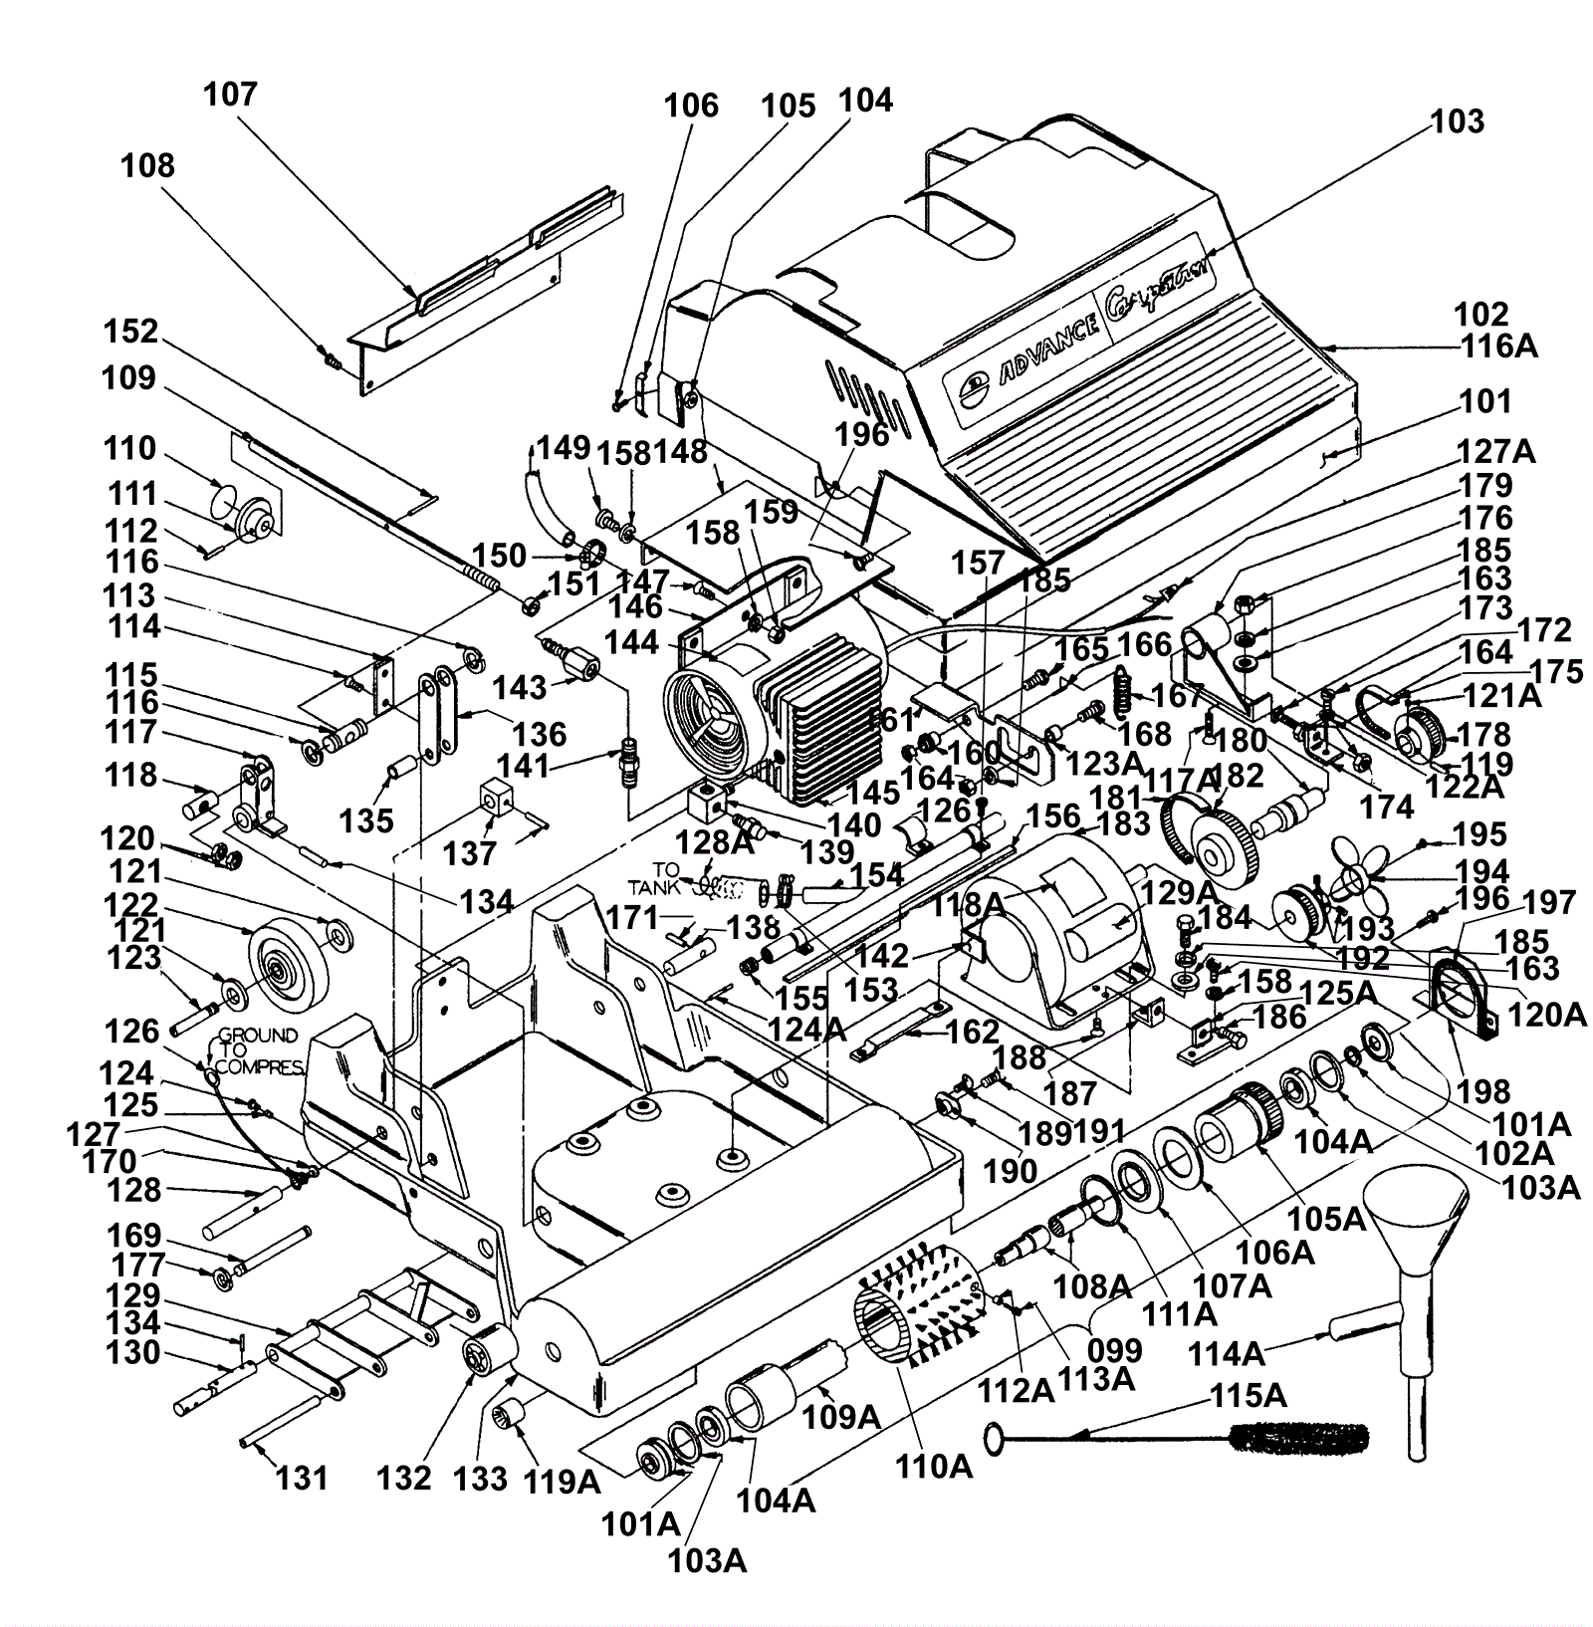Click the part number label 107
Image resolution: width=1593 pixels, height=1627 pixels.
[231, 95]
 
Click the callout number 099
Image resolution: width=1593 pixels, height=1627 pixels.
[1114, 1351]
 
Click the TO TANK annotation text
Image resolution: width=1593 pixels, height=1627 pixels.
[672, 877]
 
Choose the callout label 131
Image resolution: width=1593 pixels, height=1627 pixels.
[302, 1478]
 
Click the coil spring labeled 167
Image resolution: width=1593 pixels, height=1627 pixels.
[1123, 688]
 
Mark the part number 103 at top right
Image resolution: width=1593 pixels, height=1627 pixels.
[1458, 121]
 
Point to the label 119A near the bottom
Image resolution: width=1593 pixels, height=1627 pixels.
[564, 1483]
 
